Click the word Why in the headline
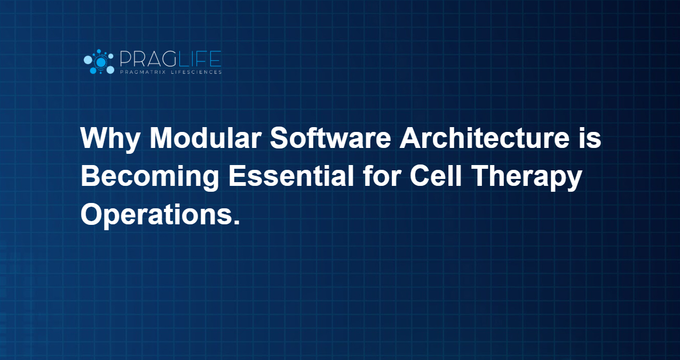[x=110, y=140]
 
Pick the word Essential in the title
[x=291, y=176]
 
